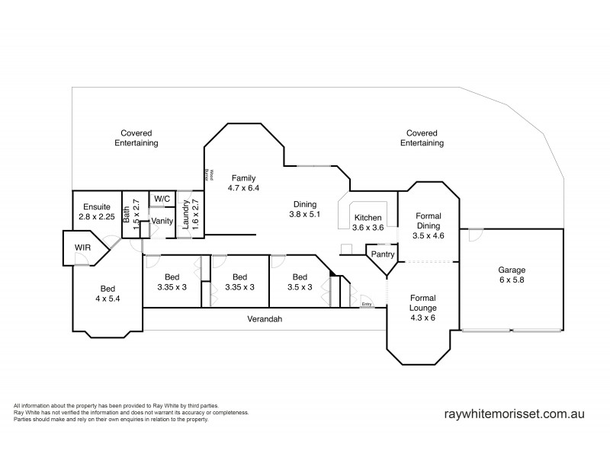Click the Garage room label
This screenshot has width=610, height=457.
512,275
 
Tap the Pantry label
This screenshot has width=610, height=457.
383,254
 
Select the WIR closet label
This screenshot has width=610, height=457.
82,248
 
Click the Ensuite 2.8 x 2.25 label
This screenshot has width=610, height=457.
96,211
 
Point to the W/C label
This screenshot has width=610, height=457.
162,199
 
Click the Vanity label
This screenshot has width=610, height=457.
162,222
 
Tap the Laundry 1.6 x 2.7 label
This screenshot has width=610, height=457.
189,216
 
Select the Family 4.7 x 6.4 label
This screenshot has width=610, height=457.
243,182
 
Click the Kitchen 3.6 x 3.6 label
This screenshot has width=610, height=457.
368,222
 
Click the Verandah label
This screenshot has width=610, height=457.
265,319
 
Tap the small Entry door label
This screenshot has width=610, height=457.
367,305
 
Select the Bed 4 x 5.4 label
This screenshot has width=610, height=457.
108,293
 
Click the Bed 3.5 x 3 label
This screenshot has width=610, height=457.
300,282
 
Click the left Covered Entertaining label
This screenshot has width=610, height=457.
136,138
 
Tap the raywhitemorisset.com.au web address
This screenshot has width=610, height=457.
514,414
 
